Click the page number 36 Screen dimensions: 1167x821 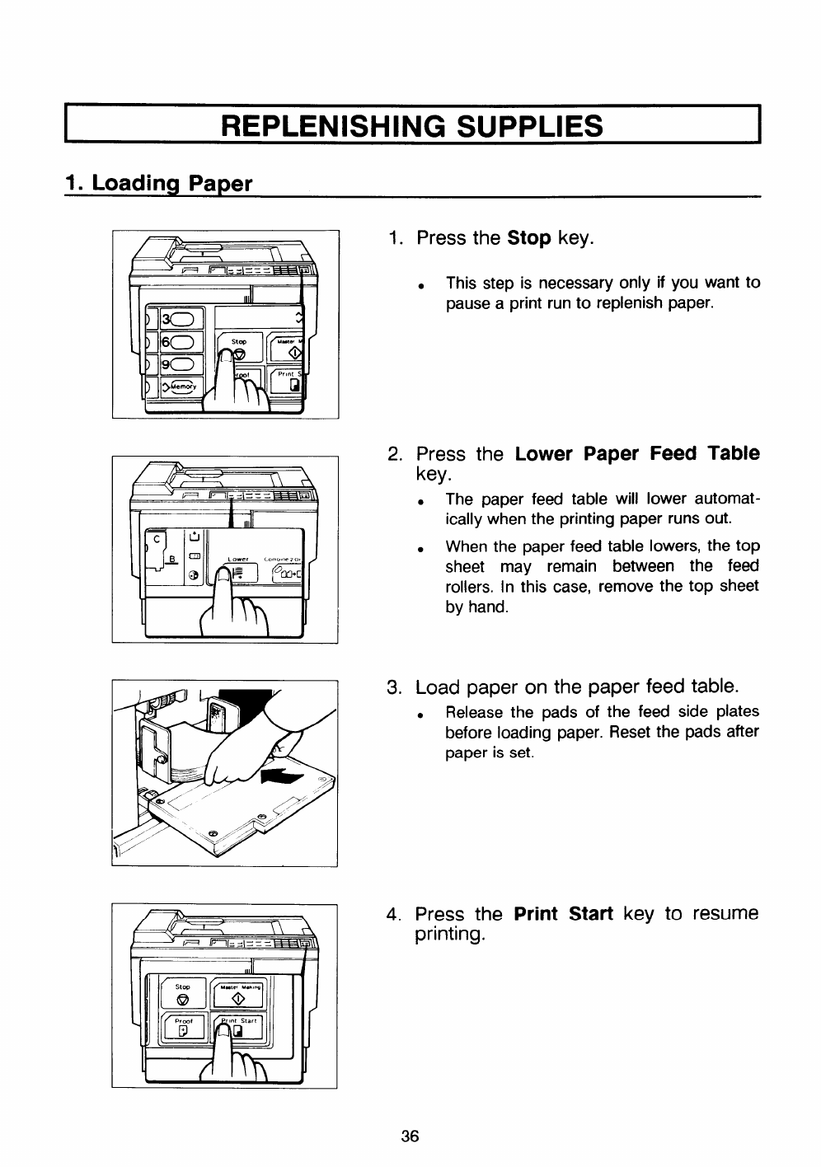pyautogui.click(x=410, y=1137)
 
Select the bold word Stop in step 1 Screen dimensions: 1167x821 pyautogui.click(x=529, y=239)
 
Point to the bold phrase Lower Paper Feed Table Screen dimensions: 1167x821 pyautogui.click(x=636, y=454)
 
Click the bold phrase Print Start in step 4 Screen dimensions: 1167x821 pyautogui.click(x=563, y=914)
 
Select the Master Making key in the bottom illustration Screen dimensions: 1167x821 pyautogui.click(x=239, y=995)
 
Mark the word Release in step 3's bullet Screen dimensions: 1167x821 pyautogui.click(x=474, y=712)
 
